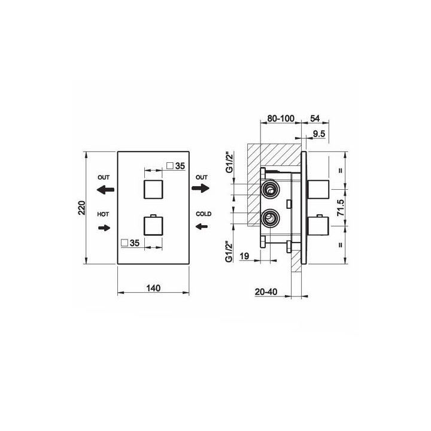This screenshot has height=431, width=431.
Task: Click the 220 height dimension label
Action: [x=82, y=208]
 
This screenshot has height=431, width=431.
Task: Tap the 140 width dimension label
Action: [x=153, y=288]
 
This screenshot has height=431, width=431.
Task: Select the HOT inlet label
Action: [x=103, y=214]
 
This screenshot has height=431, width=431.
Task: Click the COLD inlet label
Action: [x=204, y=214]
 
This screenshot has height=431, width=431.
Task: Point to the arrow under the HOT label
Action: [x=104, y=227]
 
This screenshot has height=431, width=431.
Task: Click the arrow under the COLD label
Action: [x=202, y=226]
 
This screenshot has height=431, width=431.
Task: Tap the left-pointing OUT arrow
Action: [x=105, y=189]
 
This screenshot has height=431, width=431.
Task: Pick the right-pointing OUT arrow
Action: [x=201, y=189]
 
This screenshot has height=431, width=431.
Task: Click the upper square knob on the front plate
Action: [x=153, y=189]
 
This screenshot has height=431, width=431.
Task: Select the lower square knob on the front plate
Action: [x=153, y=226]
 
